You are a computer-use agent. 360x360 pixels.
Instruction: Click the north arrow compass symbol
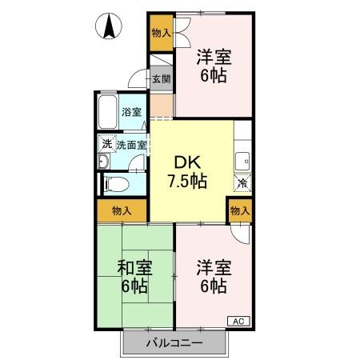(x=107, y=28)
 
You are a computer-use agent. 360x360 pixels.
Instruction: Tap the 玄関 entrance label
(x=160, y=78)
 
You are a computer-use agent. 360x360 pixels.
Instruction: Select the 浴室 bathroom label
(x=131, y=113)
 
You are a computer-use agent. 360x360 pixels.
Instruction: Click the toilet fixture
(x=114, y=183)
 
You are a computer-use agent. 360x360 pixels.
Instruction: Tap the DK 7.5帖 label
(x=188, y=170)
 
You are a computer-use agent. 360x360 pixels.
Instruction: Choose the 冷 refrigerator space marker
(x=241, y=182)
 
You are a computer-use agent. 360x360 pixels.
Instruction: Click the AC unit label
(x=238, y=321)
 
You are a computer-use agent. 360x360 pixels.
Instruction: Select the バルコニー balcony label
(x=174, y=344)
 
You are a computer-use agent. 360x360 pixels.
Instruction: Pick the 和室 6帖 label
(x=134, y=274)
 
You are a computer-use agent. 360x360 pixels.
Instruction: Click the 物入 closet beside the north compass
(x=161, y=33)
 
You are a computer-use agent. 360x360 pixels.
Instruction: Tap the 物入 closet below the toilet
(x=122, y=211)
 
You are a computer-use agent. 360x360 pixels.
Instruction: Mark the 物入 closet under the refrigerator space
(x=240, y=210)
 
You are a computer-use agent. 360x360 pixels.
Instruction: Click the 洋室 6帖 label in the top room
(x=214, y=66)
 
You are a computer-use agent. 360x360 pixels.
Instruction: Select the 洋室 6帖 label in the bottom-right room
(x=214, y=276)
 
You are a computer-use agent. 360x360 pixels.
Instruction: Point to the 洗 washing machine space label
(x=106, y=145)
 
